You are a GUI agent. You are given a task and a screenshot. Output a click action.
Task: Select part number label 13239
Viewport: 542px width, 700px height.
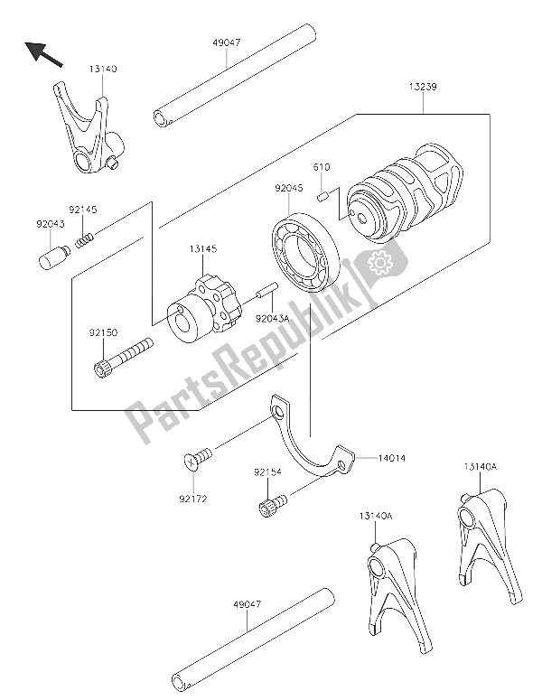pos(422,87)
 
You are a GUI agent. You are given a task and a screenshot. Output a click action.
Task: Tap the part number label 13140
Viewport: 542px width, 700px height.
pos(102,69)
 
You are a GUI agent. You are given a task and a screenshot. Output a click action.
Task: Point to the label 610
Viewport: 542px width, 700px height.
pos(322,167)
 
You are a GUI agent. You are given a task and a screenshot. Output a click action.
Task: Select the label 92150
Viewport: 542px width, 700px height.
pos(102,333)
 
